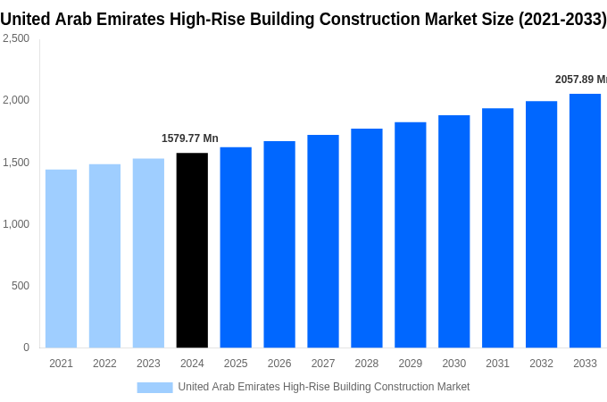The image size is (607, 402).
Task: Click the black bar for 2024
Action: (192, 250)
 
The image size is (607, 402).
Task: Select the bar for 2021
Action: (61, 258)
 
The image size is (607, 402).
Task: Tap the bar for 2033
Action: (585, 221)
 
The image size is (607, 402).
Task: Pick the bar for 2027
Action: (323, 241)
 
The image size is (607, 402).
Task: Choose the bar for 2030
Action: (453, 231)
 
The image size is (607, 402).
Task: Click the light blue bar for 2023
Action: (148, 253)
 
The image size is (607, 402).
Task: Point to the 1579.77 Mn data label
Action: (189, 138)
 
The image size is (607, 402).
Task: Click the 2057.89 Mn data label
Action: (580, 80)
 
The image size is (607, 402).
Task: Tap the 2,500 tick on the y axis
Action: (15, 38)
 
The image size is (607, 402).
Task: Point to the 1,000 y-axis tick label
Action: (15, 224)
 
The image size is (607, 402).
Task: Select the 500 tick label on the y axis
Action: (20, 286)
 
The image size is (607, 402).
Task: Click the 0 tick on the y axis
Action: (26, 348)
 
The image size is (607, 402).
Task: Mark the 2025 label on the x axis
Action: (236, 364)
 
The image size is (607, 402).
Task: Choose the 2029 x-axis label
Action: (410, 364)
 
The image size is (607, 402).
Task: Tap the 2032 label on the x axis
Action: (541, 364)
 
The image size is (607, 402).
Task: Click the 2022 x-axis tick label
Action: (104, 364)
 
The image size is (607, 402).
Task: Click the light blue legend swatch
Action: (154, 387)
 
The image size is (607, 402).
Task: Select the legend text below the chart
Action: (323, 387)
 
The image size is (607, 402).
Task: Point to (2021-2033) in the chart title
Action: (562, 19)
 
